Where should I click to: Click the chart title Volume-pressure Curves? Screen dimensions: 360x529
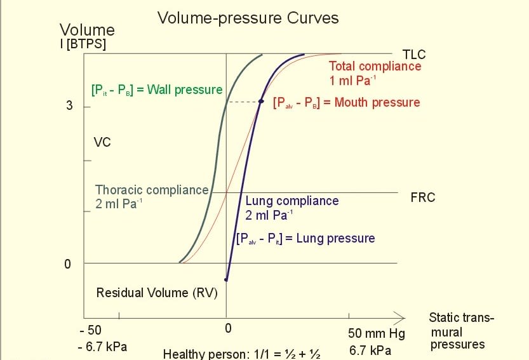[248, 18]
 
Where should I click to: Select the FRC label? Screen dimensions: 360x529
[423, 197]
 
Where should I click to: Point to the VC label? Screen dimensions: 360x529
[102, 142]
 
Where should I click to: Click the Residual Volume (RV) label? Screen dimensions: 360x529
[157, 293]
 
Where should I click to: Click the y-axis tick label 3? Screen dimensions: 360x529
[69, 106]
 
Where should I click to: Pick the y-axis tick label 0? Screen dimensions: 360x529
[68, 263]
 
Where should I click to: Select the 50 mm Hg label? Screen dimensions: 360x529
[376, 334]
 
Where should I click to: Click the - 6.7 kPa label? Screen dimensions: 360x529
[103, 347]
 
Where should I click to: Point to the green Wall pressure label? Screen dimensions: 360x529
[157, 90]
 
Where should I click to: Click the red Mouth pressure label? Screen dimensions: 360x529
[346, 103]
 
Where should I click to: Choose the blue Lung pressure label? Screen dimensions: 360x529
[305, 239]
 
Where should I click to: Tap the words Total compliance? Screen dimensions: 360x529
[375, 67]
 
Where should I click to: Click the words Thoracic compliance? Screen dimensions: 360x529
[152, 190]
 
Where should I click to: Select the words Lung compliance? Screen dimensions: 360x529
[292, 201]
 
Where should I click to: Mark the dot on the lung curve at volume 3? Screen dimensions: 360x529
[261, 102]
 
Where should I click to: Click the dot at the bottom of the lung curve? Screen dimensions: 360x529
[226, 279]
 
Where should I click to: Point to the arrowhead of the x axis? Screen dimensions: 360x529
[400, 316]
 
